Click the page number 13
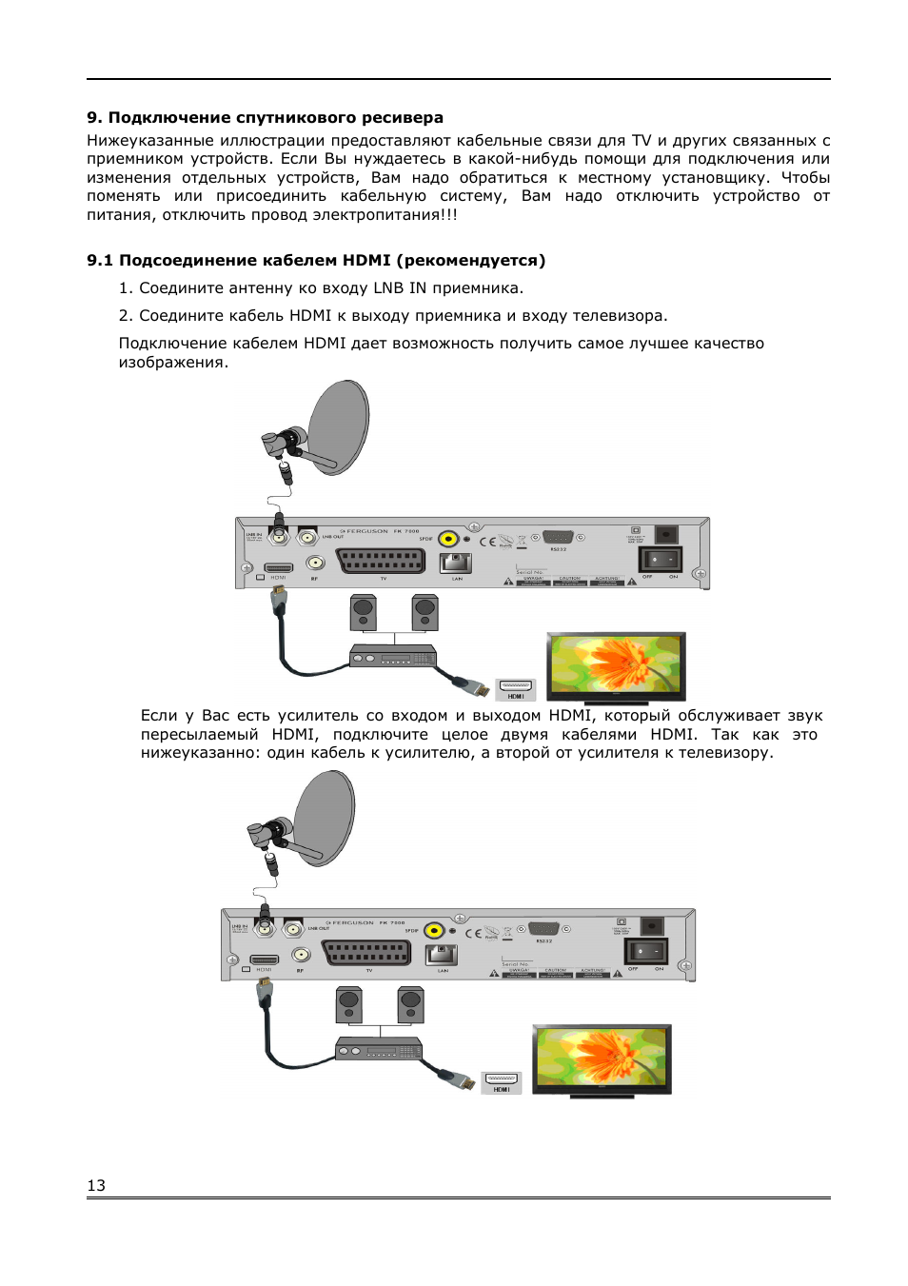(x=96, y=1185)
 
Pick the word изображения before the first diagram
(x=171, y=363)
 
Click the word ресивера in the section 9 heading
(x=403, y=118)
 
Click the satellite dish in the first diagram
(x=339, y=426)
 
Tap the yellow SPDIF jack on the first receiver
(x=448, y=539)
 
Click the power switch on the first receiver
(x=660, y=559)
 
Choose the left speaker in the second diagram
(x=349, y=1004)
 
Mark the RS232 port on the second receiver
(x=543, y=929)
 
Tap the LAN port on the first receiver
(x=456, y=563)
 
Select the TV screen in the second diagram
(x=602, y=1058)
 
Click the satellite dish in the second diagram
(x=325, y=817)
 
